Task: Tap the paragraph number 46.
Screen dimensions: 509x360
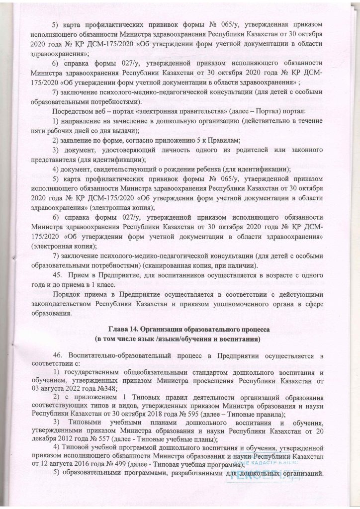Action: pos(56,356)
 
